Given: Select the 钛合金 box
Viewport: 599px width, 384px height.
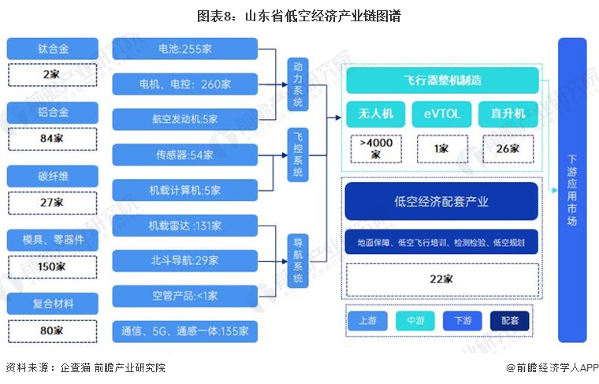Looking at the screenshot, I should (53, 49).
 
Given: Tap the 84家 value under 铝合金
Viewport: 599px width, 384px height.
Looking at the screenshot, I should (53, 138).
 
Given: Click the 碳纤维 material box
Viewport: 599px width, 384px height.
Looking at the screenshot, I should (53, 177).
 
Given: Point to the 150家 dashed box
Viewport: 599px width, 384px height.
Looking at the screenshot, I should (53, 266).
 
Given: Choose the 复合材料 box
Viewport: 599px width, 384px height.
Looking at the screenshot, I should (53, 304).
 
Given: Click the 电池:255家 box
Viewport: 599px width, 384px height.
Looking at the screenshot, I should (184, 49).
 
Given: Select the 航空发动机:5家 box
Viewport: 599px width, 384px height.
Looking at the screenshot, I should (184, 119).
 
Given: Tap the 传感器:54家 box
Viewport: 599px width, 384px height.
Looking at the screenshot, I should (184, 155).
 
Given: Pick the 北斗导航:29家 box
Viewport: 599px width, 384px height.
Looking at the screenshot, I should (184, 259).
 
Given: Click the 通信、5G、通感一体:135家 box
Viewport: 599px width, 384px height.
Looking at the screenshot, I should (184, 330).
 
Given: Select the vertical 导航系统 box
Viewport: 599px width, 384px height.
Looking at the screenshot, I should (297, 259).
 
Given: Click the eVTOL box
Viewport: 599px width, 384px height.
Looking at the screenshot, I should (441, 114).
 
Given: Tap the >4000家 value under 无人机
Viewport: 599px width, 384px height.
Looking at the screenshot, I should (374, 148).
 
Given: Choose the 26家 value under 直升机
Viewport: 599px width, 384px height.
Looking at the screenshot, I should (508, 148).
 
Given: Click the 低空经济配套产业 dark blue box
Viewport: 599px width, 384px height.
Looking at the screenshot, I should (441, 201).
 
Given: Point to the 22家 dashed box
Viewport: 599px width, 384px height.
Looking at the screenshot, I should (441, 278).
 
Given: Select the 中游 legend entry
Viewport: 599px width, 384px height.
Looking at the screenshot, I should (415, 321).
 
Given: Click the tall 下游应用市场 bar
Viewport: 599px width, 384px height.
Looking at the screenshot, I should (572, 189).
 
